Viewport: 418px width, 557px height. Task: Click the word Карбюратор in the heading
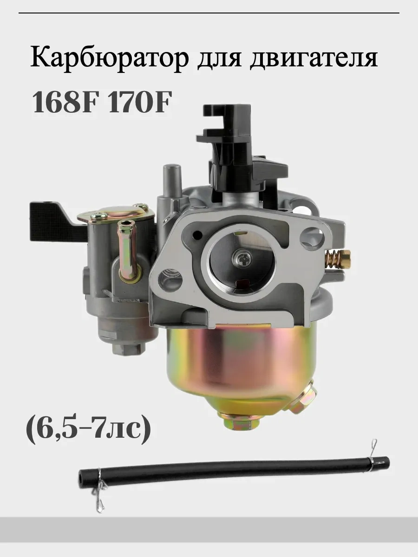[110, 59]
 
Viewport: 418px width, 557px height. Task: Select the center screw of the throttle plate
[242, 260]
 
